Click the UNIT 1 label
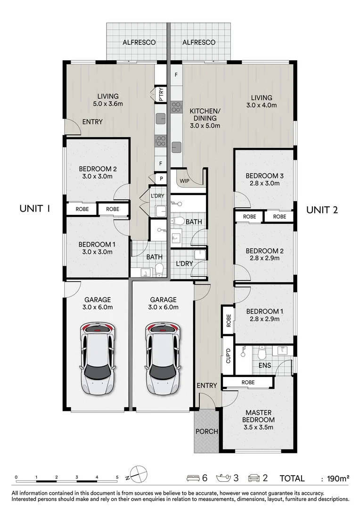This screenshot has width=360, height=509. (34, 209)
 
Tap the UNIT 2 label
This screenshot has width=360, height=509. (322, 210)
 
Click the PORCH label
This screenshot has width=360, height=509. (206, 431)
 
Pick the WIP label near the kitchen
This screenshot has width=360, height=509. (184, 180)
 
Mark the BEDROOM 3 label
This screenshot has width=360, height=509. (264, 176)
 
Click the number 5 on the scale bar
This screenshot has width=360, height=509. (117, 477)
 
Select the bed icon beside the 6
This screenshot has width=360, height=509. (194, 478)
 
